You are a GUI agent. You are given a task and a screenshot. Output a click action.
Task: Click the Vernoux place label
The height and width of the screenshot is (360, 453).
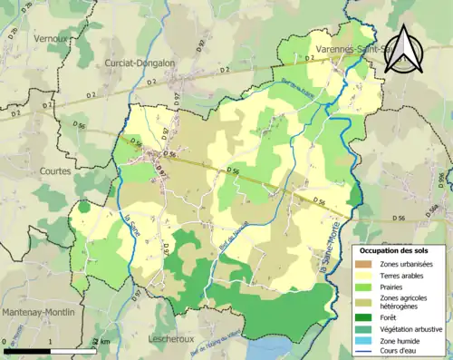[53, 40]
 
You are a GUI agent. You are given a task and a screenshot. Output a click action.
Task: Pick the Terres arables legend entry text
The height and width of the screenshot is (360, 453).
[402, 275]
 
